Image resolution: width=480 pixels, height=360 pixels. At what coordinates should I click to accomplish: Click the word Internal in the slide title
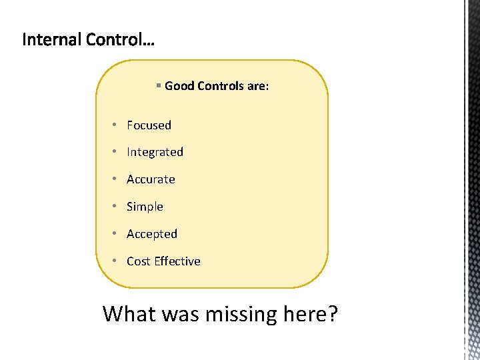pos(52,40)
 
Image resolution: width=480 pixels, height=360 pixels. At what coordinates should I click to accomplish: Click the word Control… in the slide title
pos(120,40)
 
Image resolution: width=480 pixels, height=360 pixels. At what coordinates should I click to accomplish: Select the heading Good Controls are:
pos(217,86)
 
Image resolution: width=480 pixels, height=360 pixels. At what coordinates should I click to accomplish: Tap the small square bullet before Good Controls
pos(158,85)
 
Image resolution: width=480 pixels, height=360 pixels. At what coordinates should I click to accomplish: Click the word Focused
pos(149,125)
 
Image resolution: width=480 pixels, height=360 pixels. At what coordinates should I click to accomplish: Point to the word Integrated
pos(155,152)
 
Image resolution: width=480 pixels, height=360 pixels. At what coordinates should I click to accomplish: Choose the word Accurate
pos(151,179)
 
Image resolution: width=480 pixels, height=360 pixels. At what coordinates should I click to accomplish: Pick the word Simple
pos(145,207)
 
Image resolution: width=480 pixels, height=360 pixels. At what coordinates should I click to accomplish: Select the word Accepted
pos(152,234)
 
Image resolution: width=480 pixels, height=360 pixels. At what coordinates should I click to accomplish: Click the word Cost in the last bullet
pos(139,261)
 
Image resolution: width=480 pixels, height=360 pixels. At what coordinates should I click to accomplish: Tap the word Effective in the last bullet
pos(177,261)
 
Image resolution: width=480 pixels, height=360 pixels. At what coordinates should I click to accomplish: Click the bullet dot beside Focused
pos(115,125)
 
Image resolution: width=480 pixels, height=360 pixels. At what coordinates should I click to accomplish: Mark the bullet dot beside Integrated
pos(115,151)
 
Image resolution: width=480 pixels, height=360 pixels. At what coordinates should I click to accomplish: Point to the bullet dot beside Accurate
pos(115,179)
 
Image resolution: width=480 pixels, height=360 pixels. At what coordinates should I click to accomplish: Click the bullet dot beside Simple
pos(115,206)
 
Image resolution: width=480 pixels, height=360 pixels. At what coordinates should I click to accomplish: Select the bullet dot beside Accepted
pos(115,233)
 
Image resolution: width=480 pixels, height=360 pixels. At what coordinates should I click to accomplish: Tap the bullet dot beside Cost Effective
pos(115,261)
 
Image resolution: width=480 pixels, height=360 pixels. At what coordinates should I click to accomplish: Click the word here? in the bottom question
pos(311,313)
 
